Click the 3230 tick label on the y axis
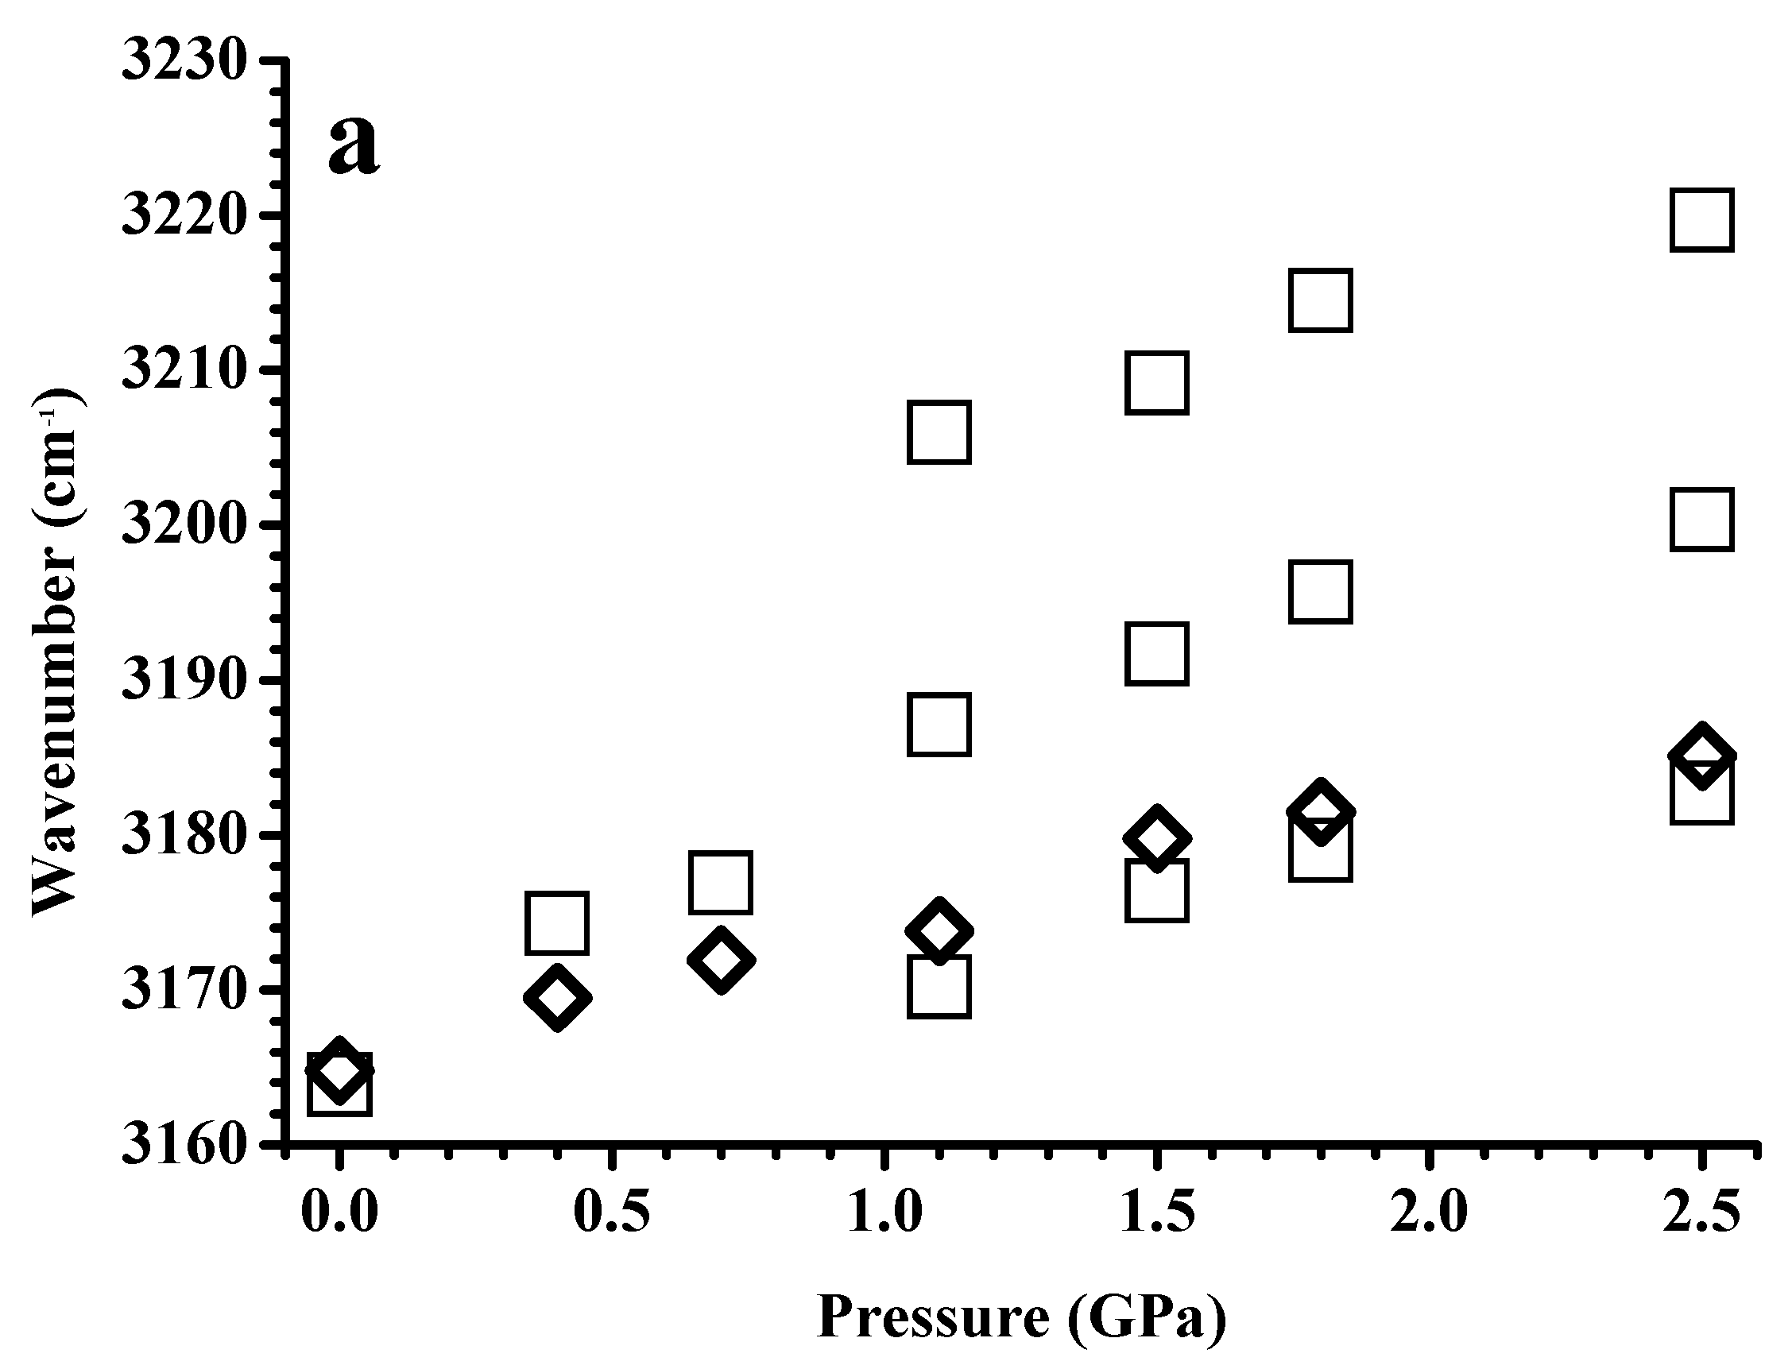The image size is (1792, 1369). [x=184, y=61]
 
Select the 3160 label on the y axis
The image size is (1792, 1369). [x=184, y=1146]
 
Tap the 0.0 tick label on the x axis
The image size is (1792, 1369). [x=339, y=1213]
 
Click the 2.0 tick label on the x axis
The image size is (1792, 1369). [x=1429, y=1213]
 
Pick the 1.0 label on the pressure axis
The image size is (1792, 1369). [x=884, y=1213]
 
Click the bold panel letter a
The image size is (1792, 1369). [x=353, y=145]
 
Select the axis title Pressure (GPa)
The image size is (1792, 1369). [x=1021, y=1318]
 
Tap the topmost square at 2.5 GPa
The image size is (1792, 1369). [x=1701, y=219]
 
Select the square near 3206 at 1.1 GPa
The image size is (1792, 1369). [x=939, y=432]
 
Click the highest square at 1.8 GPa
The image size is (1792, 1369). [x=1321, y=300]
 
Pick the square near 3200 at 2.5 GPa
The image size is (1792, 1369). [x=1701, y=520]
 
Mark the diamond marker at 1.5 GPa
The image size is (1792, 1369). [x=1156, y=838]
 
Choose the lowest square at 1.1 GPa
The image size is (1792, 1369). [x=939, y=987]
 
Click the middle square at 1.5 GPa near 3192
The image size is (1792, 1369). [x=1156, y=654]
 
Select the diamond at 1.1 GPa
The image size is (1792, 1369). [x=939, y=931]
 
